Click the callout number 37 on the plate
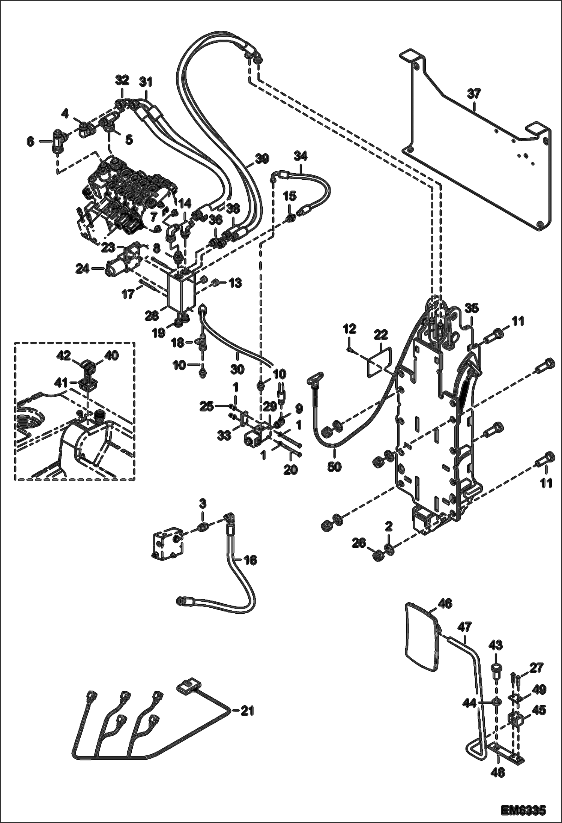[x=474, y=94]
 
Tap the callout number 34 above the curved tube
[x=300, y=155]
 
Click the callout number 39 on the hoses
[x=262, y=159]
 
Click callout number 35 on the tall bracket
[x=472, y=308]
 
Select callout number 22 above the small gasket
[x=381, y=334]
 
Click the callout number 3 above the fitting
[x=202, y=503]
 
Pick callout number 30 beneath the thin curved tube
[x=237, y=369]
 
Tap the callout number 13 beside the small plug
[x=236, y=283]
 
